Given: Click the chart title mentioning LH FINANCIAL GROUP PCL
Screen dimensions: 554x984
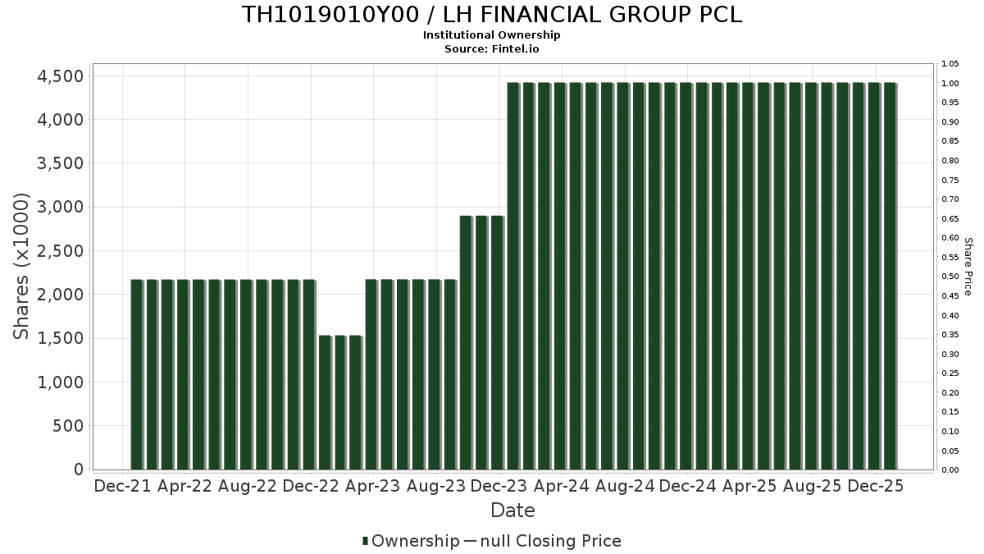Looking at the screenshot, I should click(492, 15).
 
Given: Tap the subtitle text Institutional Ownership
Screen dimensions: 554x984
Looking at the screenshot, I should click(492, 35).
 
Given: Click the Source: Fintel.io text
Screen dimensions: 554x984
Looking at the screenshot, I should click(492, 48).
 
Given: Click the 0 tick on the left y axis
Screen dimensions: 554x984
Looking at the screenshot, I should click(79, 469).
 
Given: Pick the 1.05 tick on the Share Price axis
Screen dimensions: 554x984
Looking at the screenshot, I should click(950, 64).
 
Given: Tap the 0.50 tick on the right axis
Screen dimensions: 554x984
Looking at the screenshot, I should click(950, 277).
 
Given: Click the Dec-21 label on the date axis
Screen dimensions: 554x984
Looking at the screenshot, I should click(122, 486).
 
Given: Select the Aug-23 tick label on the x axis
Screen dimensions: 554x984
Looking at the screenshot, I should click(436, 486).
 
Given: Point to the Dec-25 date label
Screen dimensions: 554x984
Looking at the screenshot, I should click(876, 486).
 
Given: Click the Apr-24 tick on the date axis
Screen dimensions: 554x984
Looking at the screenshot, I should click(562, 486).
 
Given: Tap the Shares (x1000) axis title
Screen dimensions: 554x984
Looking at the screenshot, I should click(22, 266).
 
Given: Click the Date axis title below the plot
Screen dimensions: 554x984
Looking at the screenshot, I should click(512, 511).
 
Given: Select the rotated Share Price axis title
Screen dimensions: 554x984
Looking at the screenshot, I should click(968, 266).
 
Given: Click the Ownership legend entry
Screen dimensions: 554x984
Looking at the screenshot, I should click(415, 541).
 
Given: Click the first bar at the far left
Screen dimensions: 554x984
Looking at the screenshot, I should click(136, 374).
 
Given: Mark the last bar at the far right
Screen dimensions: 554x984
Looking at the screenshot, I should click(890, 276).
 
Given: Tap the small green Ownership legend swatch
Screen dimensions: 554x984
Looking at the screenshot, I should click(365, 541).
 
